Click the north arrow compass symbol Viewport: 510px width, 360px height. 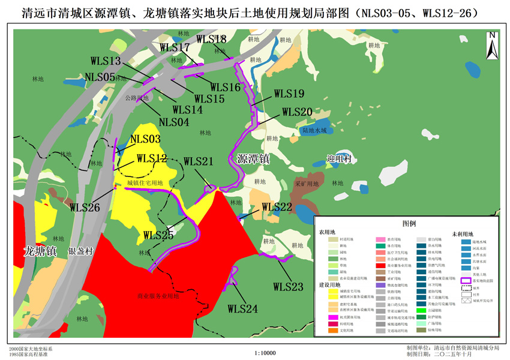click(x=491, y=46)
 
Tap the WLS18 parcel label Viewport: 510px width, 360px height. click(x=211, y=40)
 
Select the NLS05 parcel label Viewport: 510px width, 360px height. click(x=100, y=77)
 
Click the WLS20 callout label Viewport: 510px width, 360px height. click(x=297, y=112)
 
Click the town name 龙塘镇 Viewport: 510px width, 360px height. click(x=40, y=251)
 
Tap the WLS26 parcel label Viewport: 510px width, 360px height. click(x=85, y=208)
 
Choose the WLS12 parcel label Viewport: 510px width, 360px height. click(x=151, y=158)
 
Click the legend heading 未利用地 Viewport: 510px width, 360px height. click(x=463, y=233)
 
